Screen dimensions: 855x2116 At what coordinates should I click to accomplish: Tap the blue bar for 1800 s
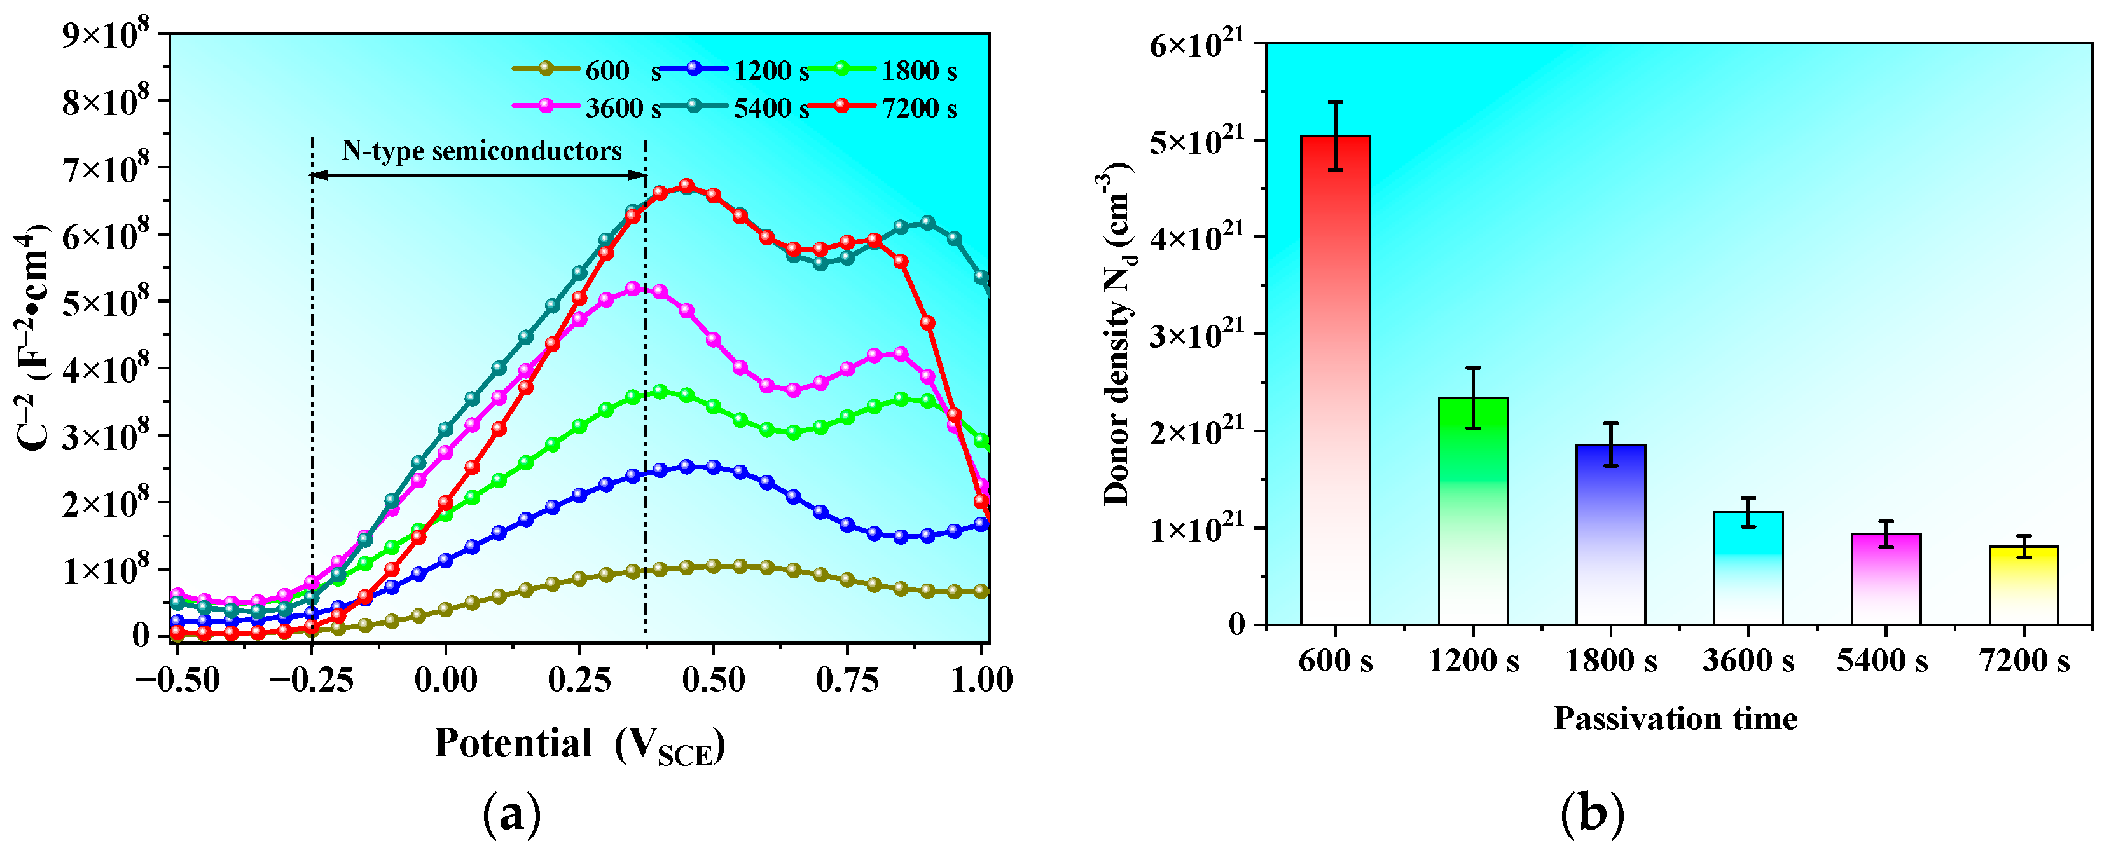point(1610,534)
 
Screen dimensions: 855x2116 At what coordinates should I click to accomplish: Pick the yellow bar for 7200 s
point(2023,585)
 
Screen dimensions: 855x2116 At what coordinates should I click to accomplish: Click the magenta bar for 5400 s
point(1885,579)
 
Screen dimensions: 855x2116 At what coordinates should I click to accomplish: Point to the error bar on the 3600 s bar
point(1748,512)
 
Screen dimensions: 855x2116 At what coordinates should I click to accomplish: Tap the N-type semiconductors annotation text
point(481,151)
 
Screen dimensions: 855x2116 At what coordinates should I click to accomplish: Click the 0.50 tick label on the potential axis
point(713,680)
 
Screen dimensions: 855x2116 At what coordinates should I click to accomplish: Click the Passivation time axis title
point(1676,719)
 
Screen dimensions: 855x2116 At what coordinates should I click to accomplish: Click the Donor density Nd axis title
point(1117,332)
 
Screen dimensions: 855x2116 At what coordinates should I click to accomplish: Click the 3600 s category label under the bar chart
point(1748,660)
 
